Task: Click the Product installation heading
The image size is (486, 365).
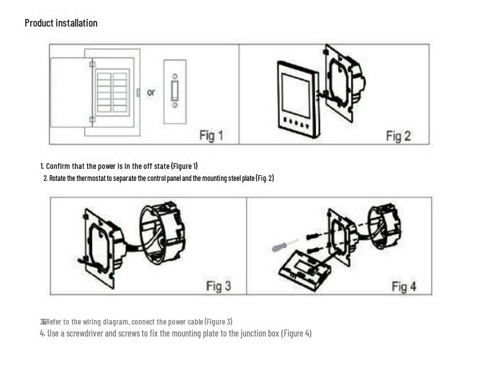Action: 61,23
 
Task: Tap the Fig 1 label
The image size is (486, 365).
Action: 211,136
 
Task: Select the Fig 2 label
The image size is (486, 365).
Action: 398,136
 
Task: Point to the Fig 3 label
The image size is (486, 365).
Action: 219,286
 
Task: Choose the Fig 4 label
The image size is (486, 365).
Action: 404,287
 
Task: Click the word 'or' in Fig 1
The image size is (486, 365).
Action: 150,92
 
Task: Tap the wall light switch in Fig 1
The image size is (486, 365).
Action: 175,92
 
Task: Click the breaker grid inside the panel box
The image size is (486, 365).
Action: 112,92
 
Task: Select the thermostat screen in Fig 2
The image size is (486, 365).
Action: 296,96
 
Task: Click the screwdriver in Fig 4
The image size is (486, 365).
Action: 285,245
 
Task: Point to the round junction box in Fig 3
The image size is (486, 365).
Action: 162,233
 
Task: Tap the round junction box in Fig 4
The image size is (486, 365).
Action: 384,226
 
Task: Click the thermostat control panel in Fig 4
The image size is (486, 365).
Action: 305,270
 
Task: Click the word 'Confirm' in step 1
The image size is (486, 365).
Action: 58,166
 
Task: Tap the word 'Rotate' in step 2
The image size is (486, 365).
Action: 58,178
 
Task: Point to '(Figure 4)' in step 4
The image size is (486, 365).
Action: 296,333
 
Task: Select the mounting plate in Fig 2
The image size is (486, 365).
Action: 343,84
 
